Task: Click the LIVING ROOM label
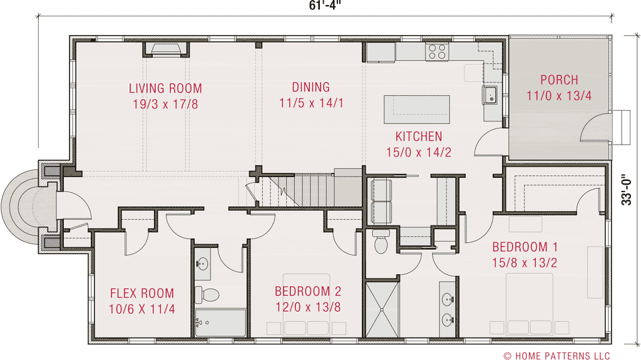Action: click(165, 88)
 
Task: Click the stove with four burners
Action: click(436, 51)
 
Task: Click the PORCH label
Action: click(559, 80)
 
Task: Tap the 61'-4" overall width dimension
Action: click(324, 6)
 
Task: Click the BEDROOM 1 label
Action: click(525, 247)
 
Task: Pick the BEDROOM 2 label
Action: click(308, 291)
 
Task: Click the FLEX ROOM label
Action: click(142, 293)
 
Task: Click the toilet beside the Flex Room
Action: click(206, 294)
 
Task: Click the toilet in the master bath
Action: click(381, 242)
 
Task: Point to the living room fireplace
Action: click(167, 49)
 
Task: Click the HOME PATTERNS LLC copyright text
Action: click(556, 356)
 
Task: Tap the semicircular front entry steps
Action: click(19, 207)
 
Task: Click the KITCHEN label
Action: click(418, 136)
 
